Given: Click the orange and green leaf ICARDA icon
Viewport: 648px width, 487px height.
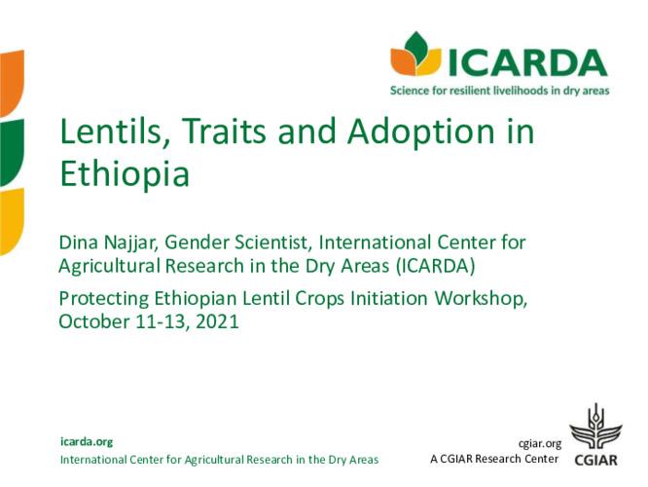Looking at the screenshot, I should [415, 55].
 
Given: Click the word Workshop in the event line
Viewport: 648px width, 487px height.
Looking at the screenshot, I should [482, 299].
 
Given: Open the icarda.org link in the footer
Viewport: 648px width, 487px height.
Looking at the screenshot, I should [87, 441].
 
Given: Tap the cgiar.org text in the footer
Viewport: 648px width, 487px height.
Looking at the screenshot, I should [541, 442].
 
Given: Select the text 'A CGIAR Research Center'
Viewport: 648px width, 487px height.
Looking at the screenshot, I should [494, 459].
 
